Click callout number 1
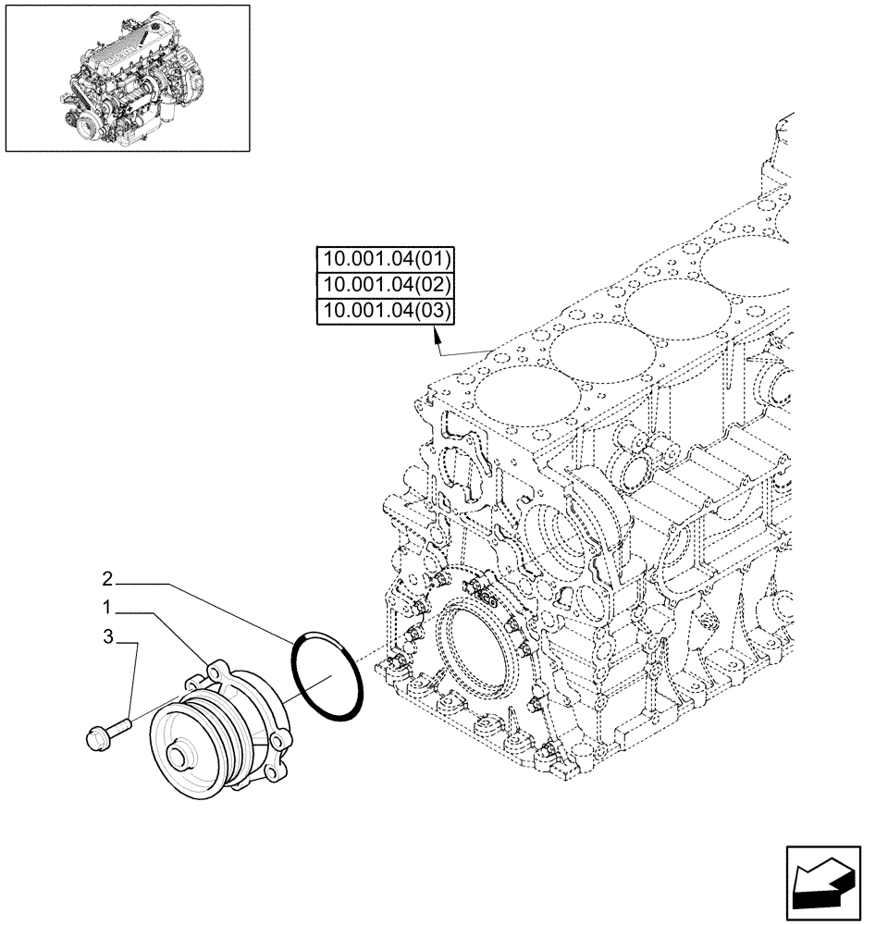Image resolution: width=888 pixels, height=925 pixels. (107, 609)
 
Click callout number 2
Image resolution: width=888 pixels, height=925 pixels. (107, 580)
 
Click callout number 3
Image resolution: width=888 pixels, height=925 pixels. (107, 637)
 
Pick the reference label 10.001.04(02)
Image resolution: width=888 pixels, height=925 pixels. (385, 285)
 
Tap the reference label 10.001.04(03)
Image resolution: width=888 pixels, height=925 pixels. (385, 312)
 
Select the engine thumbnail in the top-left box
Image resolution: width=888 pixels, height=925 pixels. (128, 78)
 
